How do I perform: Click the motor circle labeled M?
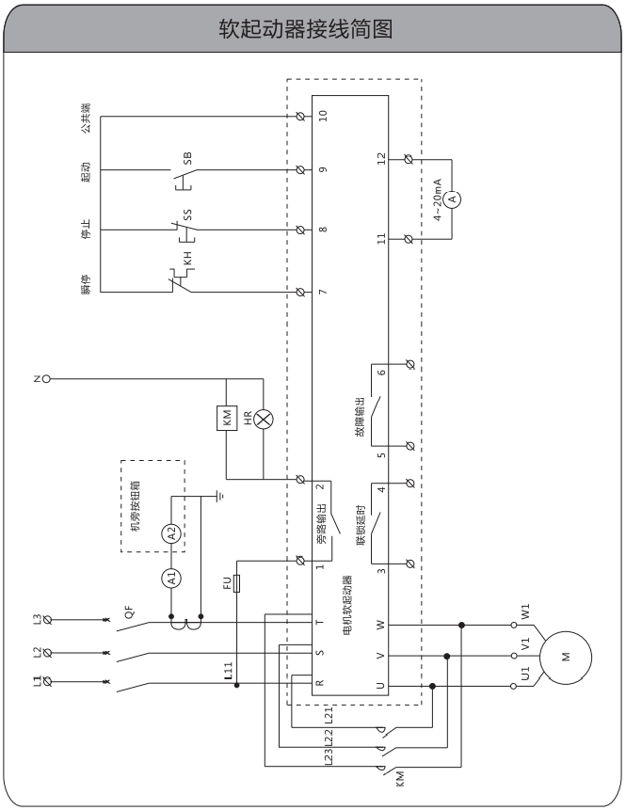pos(566,657)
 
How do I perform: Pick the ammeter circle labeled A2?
pos(171,534)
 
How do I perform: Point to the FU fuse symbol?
pos(238,582)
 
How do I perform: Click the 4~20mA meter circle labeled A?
pos(451,199)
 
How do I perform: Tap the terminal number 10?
pos(322,117)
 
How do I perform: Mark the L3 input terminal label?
pos(37,618)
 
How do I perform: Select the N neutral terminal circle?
pos(45,379)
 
